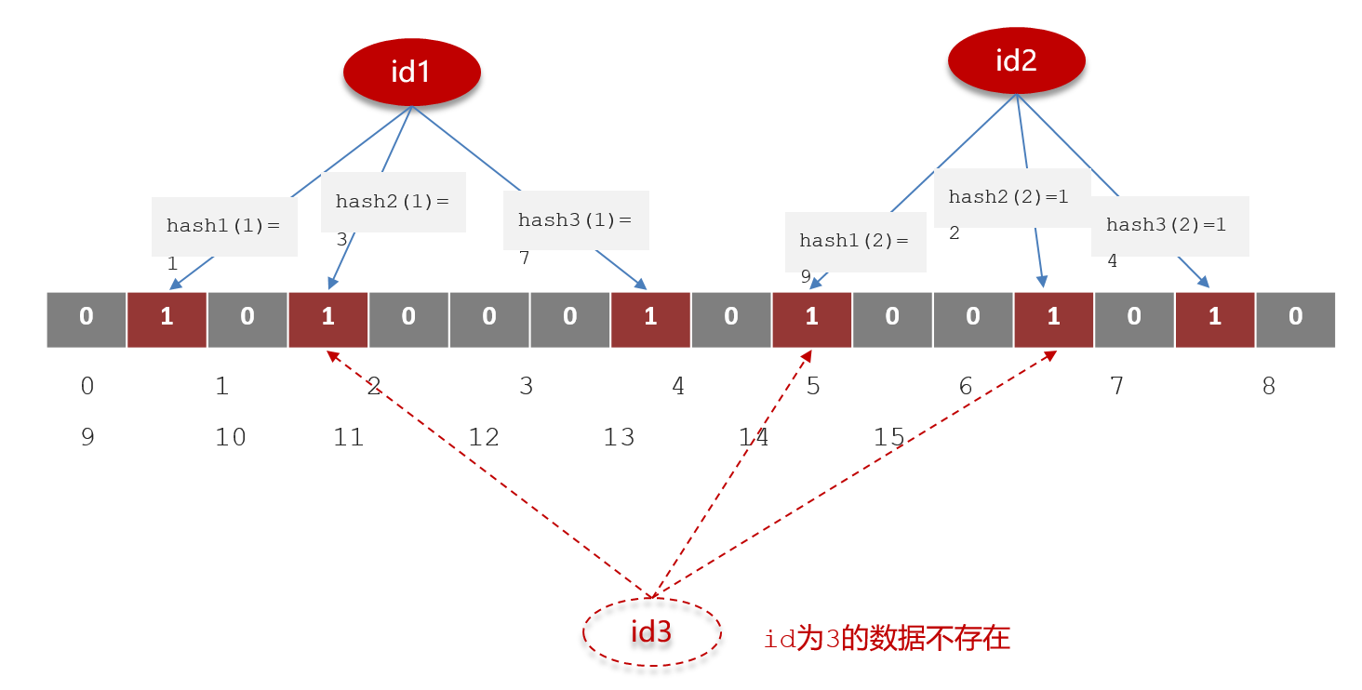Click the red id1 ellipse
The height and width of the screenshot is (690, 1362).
click(x=411, y=72)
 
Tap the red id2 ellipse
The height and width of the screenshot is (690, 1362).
click(x=1016, y=60)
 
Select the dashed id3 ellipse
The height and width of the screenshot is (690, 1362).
click(x=651, y=632)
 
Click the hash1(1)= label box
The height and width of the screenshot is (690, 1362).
click(x=224, y=226)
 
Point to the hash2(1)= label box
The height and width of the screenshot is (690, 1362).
click(x=393, y=202)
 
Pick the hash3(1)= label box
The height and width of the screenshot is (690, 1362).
click(x=575, y=220)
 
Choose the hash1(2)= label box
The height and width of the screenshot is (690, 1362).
click(x=855, y=242)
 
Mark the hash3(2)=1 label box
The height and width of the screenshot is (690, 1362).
click(x=1169, y=225)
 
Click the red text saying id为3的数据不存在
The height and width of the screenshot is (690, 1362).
click(x=887, y=639)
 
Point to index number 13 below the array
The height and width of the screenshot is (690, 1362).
click(x=619, y=437)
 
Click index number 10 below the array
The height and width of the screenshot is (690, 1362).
click(x=231, y=437)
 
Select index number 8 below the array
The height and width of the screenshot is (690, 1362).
click(x=1268, y=386)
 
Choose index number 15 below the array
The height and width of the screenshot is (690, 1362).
click(x=889, y=437)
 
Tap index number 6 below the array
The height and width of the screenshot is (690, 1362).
click(x=966, y=386)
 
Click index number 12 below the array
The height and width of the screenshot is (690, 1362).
click(x=484, y=437)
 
